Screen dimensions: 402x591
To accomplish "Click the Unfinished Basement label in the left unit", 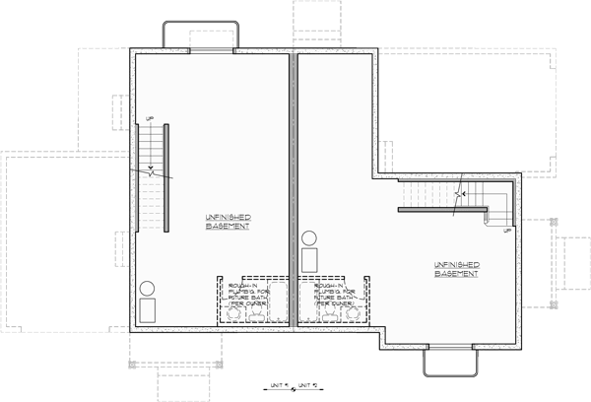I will [227, 221].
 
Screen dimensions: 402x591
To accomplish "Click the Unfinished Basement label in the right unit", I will [455, 269].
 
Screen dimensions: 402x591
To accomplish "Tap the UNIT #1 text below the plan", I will [281, 384].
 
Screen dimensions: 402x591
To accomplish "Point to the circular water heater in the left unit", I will [147, 290].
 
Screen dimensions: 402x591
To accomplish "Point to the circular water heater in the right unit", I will [309, 238].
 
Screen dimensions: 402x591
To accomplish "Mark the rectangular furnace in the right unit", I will [309, 258].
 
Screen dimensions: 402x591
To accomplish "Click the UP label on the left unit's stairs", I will [150, 119].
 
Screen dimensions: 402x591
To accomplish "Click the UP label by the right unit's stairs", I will [506, 231].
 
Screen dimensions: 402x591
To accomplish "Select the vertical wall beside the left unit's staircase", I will [166, 177].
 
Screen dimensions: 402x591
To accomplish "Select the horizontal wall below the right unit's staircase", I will [443, 210].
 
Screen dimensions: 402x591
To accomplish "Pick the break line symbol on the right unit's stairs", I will [458, 193].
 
